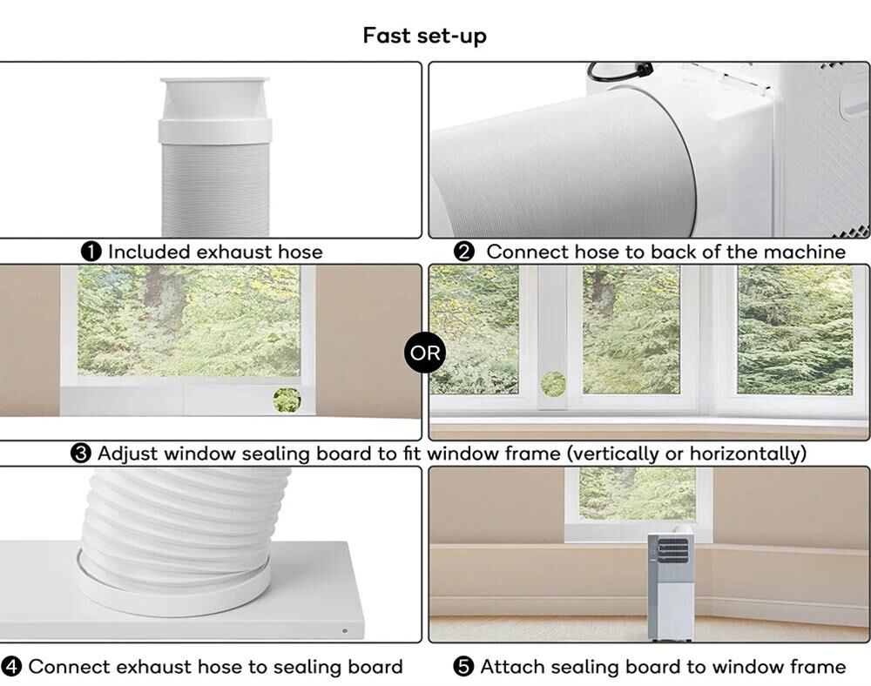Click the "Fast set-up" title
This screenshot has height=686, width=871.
(x=425, y=36)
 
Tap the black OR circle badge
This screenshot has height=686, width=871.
(x=425, y=353)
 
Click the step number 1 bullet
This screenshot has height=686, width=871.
(x=91, y=252)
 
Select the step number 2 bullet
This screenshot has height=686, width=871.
(x=464, y=252)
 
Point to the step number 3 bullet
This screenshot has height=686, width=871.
(x=80, y=454)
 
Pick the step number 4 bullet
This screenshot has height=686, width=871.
(x=11, y=667)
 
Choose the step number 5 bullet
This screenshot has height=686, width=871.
(x=463, y=667)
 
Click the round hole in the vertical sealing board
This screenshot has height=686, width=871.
(x=553, y=384)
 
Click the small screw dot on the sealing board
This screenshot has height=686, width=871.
(x=345, y=631)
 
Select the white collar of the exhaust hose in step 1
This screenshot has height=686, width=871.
(x=215, y=131)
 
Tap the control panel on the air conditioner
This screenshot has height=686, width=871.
(x=672, y=550)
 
